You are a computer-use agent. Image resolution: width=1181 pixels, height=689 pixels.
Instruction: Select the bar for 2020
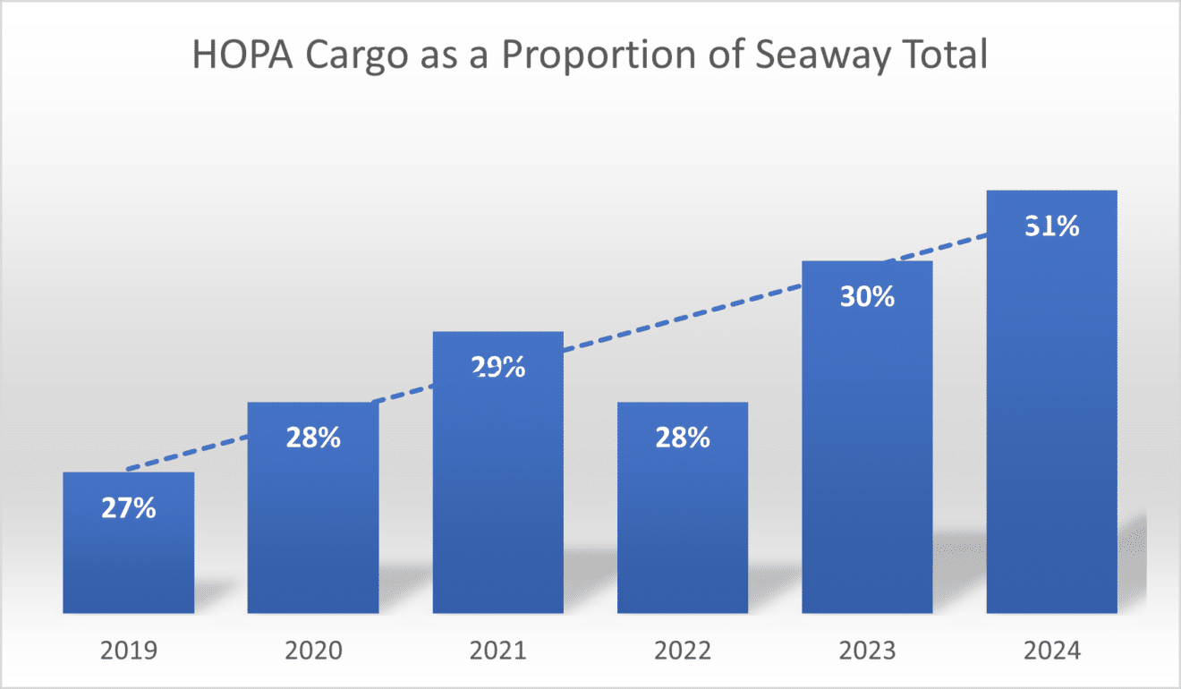click(313, 528)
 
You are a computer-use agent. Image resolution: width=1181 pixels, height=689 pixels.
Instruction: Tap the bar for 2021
click(497, 492)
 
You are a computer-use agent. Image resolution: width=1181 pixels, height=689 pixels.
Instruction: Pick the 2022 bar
click(683, 528)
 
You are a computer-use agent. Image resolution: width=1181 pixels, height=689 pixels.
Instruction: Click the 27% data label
click(129, 509)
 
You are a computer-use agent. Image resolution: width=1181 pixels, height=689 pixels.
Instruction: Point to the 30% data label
click(867, 297)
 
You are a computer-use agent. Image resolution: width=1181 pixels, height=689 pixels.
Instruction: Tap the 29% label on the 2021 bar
click(497, 367)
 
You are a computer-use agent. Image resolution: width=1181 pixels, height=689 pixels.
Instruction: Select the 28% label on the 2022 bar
click(683, 438)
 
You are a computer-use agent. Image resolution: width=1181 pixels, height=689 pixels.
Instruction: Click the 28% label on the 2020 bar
click(313, 438)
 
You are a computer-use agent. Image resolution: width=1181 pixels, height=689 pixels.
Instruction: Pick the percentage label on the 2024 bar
click(1051, 226)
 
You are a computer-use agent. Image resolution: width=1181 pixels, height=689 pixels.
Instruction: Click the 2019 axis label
click(129, 649)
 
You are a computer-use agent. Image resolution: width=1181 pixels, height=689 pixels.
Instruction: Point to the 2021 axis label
click(497, 649)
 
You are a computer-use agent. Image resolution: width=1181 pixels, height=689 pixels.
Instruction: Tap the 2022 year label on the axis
click(683, 649)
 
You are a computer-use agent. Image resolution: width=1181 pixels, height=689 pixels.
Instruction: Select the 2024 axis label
click(1051, 649)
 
